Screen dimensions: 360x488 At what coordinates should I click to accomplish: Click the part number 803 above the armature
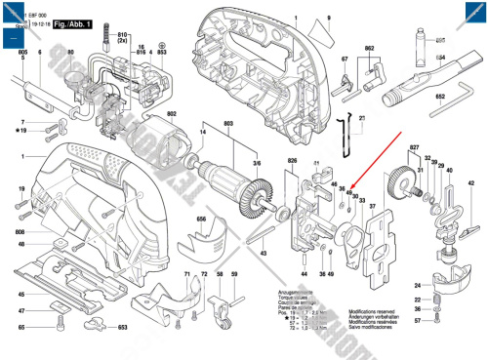228,123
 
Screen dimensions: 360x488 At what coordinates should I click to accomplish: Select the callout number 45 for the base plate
22,294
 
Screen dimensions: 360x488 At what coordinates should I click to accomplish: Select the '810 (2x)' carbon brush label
123,38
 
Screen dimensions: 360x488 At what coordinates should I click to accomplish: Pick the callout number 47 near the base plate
22,311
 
